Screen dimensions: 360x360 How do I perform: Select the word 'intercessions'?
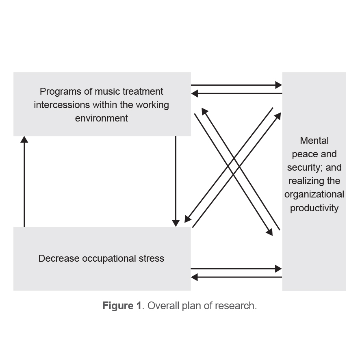tap(62, 105)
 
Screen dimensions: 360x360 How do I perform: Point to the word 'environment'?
tap(101, 118)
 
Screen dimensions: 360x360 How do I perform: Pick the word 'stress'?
tap(151, 258)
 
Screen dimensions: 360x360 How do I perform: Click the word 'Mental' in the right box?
tap(314, 141)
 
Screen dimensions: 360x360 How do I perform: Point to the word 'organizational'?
tap(314, 194)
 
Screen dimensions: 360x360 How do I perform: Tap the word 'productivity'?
tap(314, 208)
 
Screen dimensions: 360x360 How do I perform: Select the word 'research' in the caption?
tap(239, 306)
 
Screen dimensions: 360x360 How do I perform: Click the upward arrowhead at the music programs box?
tap(24, 139)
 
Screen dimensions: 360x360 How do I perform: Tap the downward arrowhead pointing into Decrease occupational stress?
tap(176, 223)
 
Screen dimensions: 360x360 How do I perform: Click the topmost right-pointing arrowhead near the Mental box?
tap(278, 85)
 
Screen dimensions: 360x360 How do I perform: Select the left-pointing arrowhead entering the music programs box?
tap(195, 93)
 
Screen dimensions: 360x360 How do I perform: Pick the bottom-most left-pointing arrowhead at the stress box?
tap(195, 277)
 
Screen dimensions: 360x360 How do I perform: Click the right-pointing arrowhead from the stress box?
tap(278, 269)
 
